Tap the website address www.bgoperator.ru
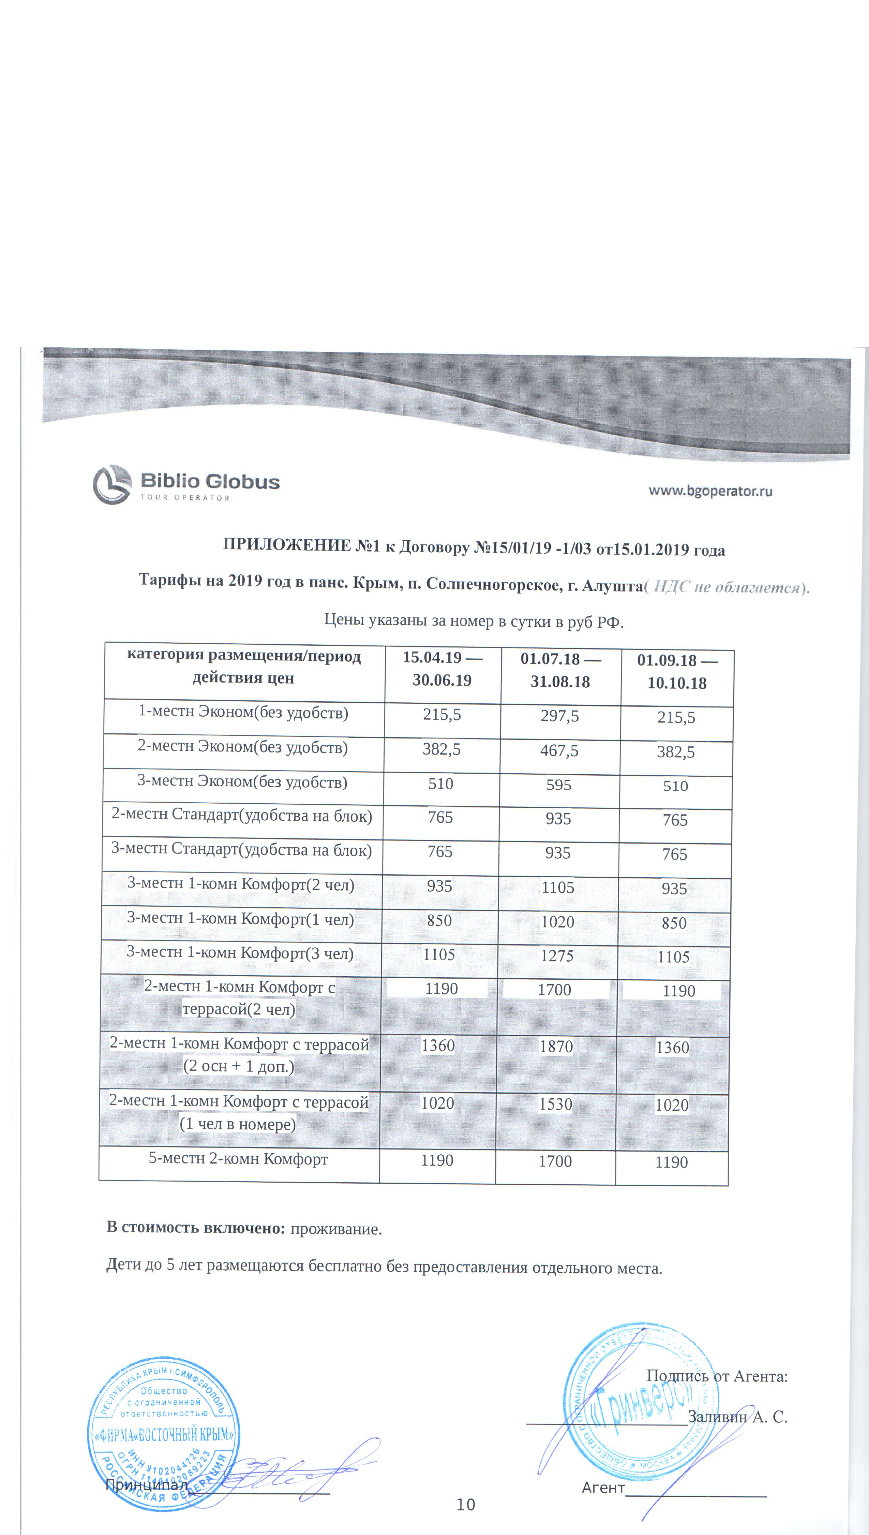[x=710, y=491]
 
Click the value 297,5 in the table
[x=560, y=716]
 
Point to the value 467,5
[x=559, y=750]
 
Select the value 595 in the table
[x=559, y=785]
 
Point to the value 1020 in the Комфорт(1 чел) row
[x=557, y=922]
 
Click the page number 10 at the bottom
[x=466, y=1505]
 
